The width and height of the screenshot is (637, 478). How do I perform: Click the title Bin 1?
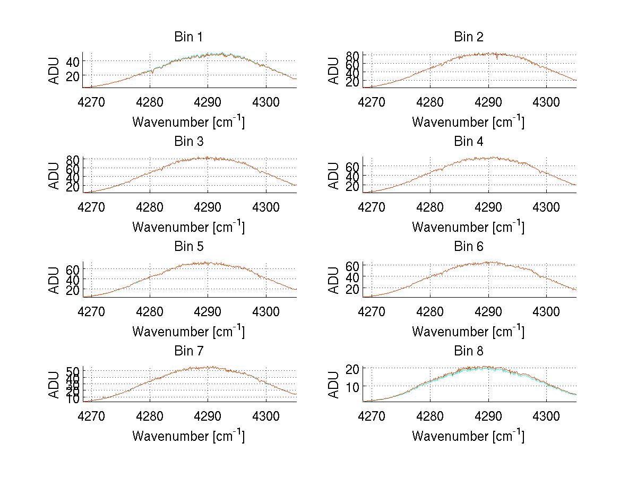[188, 37]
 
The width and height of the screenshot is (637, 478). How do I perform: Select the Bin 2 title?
[468, 37]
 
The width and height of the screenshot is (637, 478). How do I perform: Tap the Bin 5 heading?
[188, 247]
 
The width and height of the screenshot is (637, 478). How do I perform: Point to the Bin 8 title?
[468, 351]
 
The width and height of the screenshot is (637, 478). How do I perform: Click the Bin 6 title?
[468, 247]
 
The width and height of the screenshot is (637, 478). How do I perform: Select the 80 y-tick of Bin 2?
[352, 55]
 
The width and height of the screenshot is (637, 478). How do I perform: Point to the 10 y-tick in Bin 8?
[352, 386]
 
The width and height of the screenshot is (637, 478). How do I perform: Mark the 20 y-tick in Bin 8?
[352, 368]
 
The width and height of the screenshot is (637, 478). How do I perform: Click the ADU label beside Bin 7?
[54, 385]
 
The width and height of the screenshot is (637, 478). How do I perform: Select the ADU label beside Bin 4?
[334, 176]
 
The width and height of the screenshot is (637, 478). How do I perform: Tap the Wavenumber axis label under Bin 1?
[188, 122]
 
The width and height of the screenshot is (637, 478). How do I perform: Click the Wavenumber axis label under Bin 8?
[468, 436]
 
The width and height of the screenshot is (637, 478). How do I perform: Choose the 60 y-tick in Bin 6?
[352, 265]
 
